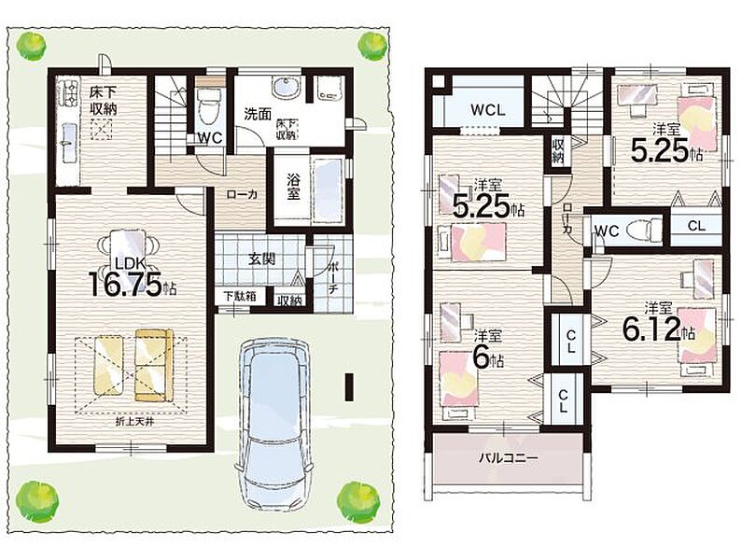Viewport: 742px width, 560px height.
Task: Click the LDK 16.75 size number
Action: [126, 284]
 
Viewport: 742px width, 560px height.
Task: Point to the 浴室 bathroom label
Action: [294, 188]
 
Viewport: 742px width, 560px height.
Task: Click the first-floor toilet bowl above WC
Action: [207, 107]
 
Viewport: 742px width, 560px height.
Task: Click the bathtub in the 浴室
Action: [328, 189]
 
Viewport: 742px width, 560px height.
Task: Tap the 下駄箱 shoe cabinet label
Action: [240, 297]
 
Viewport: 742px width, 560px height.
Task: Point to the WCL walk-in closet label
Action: [488, 110]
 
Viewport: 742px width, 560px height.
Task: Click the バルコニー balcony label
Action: [508, 458]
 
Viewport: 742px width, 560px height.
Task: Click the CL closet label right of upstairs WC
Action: [696, 226]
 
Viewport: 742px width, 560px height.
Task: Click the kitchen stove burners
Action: [66, 93]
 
